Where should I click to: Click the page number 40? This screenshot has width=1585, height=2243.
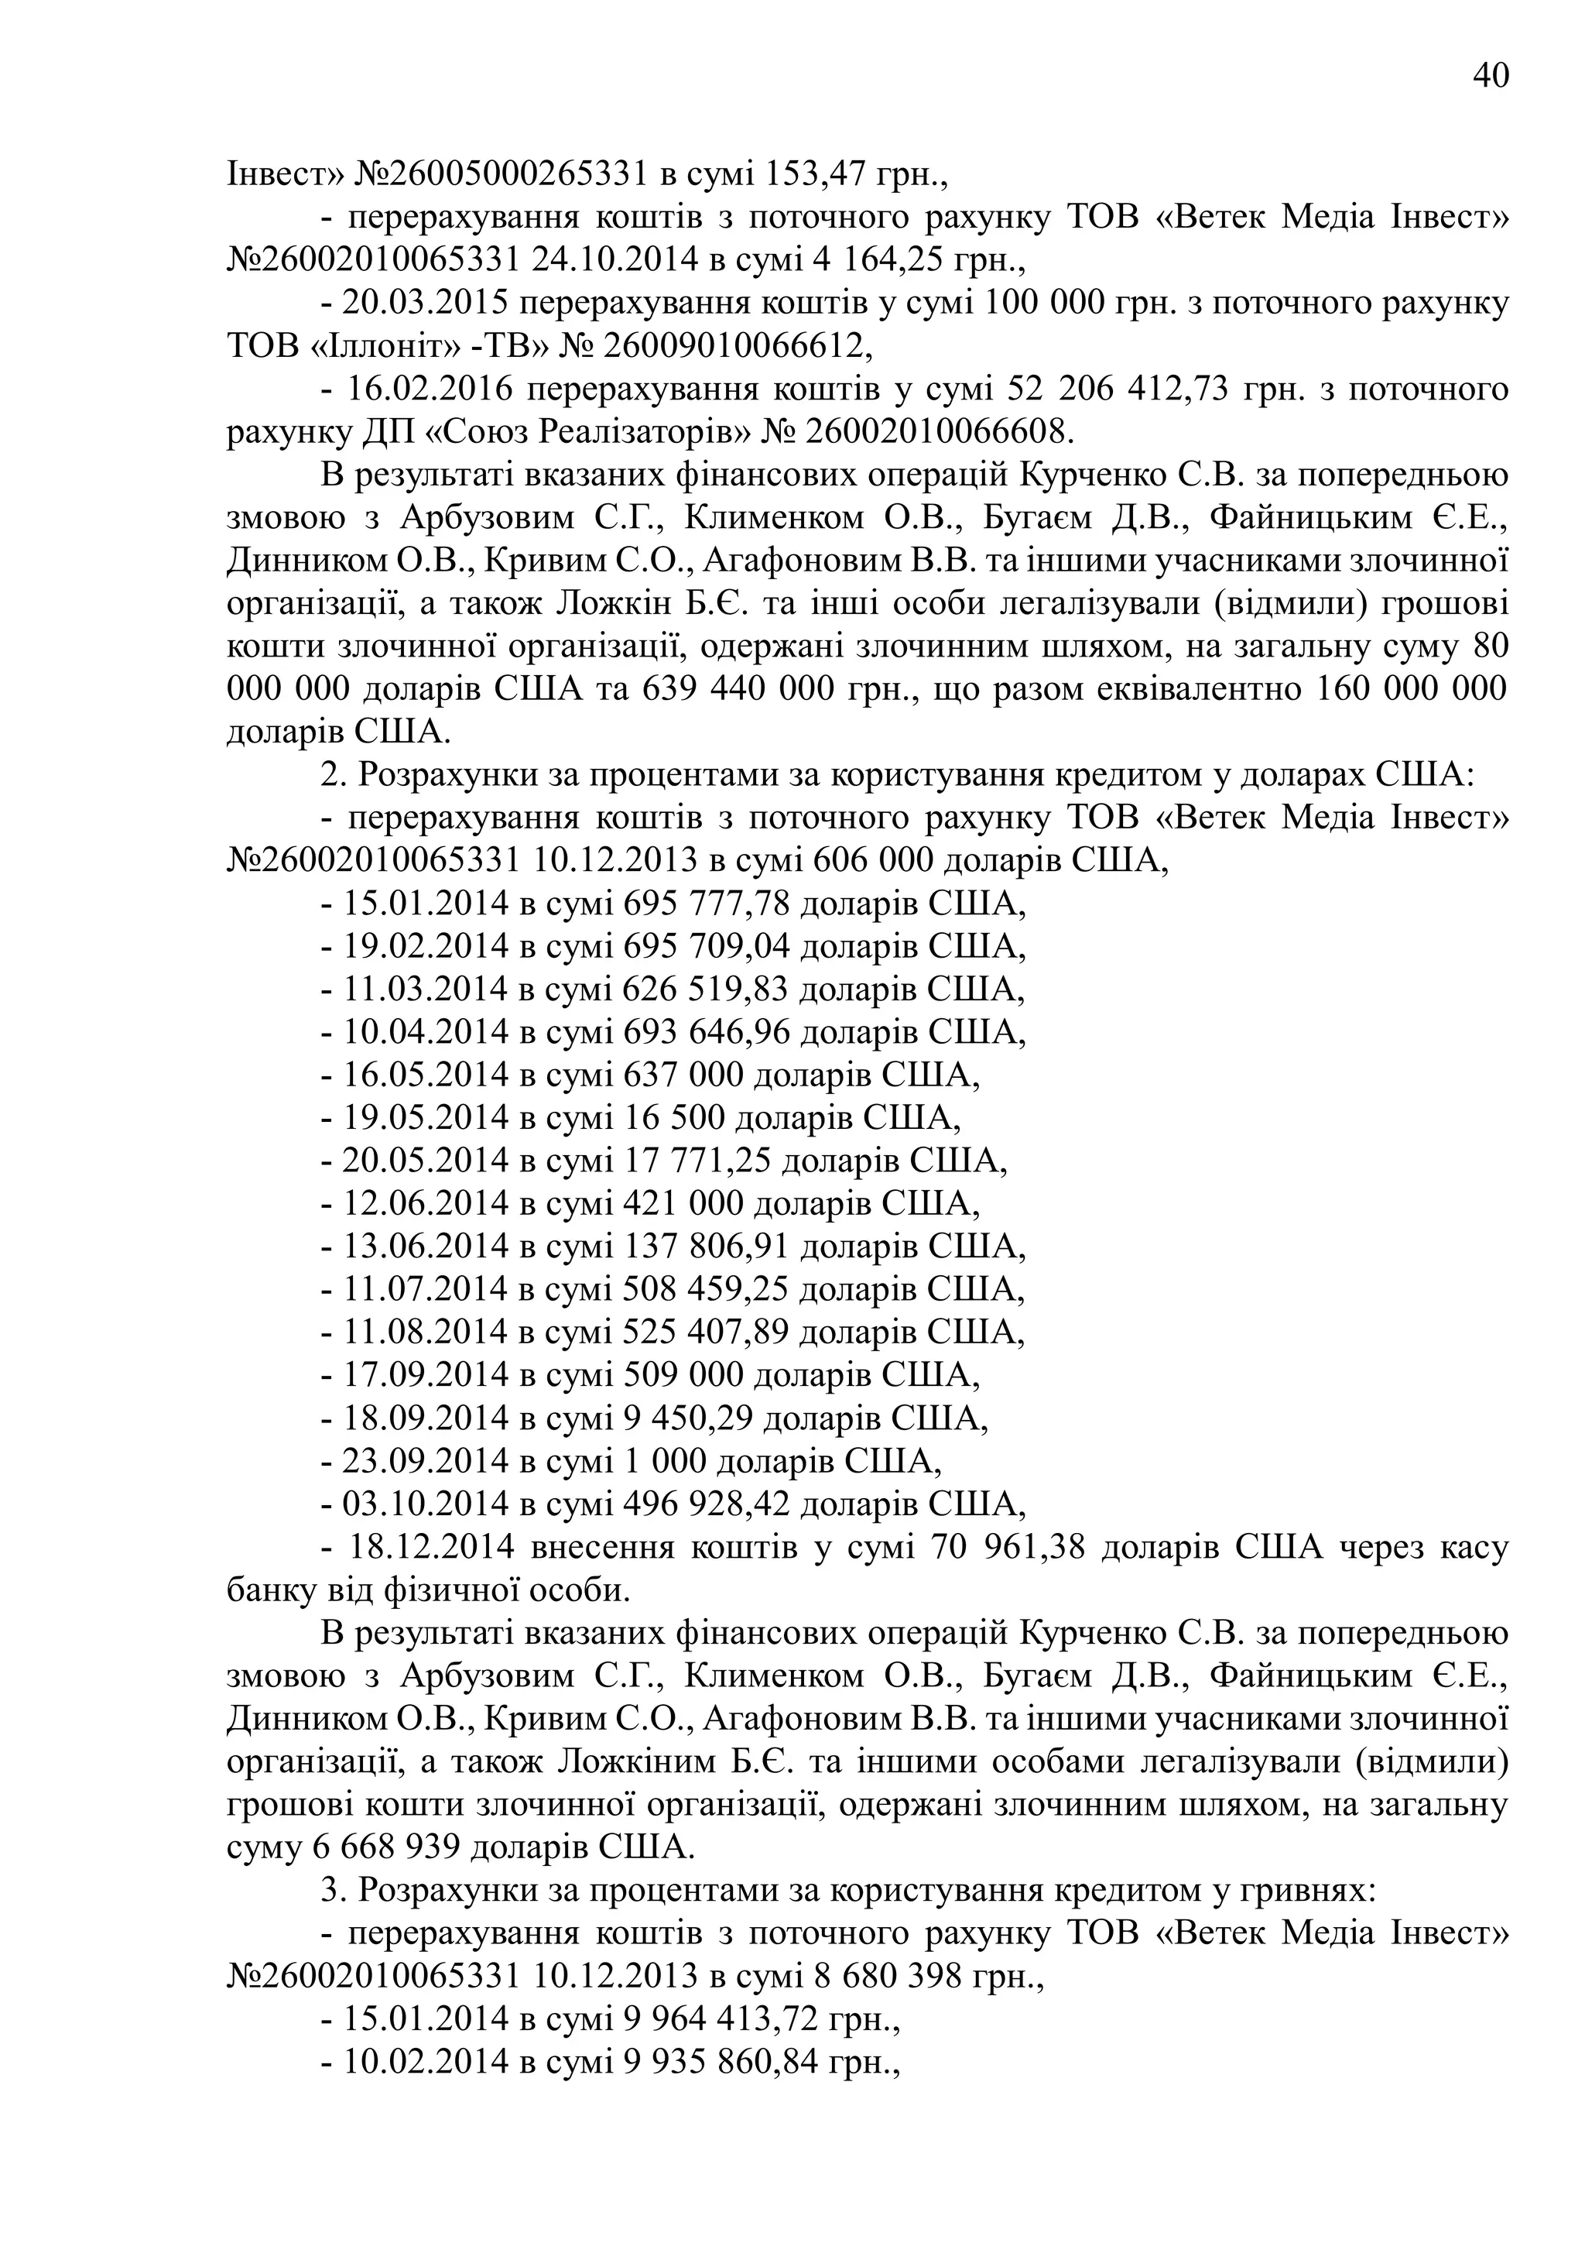[x=1489, y=76]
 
